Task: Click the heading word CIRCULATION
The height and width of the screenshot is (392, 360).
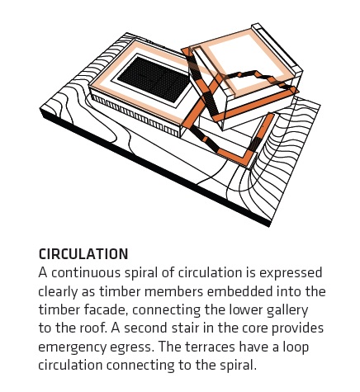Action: [x=83, y=254]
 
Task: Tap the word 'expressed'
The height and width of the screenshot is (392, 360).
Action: [x=291, y=273]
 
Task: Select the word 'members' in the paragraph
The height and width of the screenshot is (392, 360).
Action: [x=173, y=291]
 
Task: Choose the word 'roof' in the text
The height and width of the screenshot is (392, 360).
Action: [x=93, y=328]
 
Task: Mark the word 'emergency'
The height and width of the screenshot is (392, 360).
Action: [x=72, y=347]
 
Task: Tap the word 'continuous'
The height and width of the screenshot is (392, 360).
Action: [x=86, y=273]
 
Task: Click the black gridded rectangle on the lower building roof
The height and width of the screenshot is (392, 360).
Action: [x=154, y=78]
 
